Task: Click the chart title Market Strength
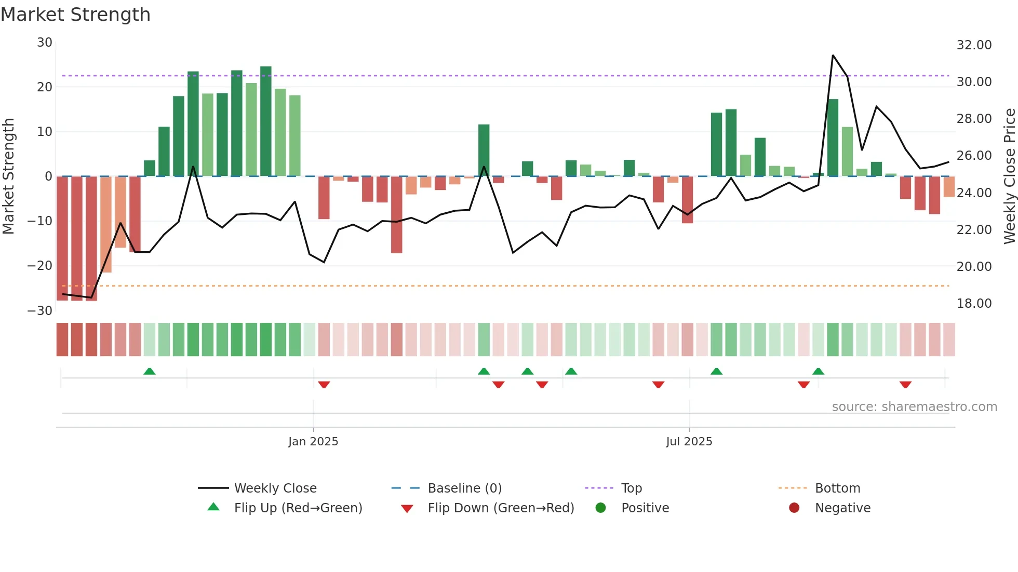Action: click(75, 15)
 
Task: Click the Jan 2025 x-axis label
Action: click(313, 441)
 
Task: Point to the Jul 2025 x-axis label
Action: click(689, 441)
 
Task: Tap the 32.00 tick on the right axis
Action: click(974, 45)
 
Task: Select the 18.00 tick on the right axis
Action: click(974, 304)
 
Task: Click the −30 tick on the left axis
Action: click(40, 311)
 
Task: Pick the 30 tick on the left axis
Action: click(45, 43)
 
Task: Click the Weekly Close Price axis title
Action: click(1009, 176)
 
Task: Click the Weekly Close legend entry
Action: click(275, 488)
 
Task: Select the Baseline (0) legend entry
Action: click(464, 488)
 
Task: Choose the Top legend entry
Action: click(631, 488)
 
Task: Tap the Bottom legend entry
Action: click(837, 488)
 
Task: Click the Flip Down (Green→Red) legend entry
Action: click(500, 508)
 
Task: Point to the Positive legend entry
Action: click(645, 508)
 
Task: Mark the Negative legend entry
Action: click(842, 508)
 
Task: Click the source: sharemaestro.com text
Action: click(914, 407)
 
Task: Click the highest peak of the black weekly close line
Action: click(833, 56)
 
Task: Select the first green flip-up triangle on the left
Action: click(150, 371)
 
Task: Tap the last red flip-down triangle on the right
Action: click(905, 385)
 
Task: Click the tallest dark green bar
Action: click(266, 121)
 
